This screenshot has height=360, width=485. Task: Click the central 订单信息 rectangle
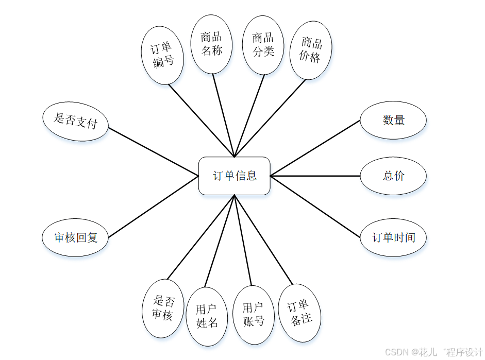pyautogui.click(x=235, y=176)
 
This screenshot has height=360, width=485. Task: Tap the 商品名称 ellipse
pyautogui.click(x=212, y=44)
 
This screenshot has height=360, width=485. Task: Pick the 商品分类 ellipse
pyautogui.click(x=263, y=44)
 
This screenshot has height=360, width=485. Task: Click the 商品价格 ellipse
pyautogui.click(x=311, y=50)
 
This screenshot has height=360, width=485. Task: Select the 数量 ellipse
pyautogui.click(x=393, y=121)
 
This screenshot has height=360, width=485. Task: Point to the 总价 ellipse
pyautogui.click(x=393, y=176)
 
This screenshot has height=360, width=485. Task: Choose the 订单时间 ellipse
pyautogui.click(x=393, y=238)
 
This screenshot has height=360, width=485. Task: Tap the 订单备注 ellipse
pyautogui.click(x=299, y=313)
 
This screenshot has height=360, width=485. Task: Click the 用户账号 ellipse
pyautogui.click(x=254, y=315)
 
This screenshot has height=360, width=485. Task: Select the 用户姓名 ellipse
pyautogui.click(x=207, y=316)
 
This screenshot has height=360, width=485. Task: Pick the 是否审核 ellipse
pyautogui.click(x=163, y=308)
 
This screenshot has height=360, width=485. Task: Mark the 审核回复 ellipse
pyautogui.click(x=75, y=238)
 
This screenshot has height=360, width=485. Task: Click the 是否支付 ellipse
pyautogui.click(x=75, y=121)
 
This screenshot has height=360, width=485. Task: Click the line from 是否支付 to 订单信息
pyautogui.click(x=154, y=152)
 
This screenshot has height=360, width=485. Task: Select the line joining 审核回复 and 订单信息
pyautogui.click(x=154, y=207)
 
